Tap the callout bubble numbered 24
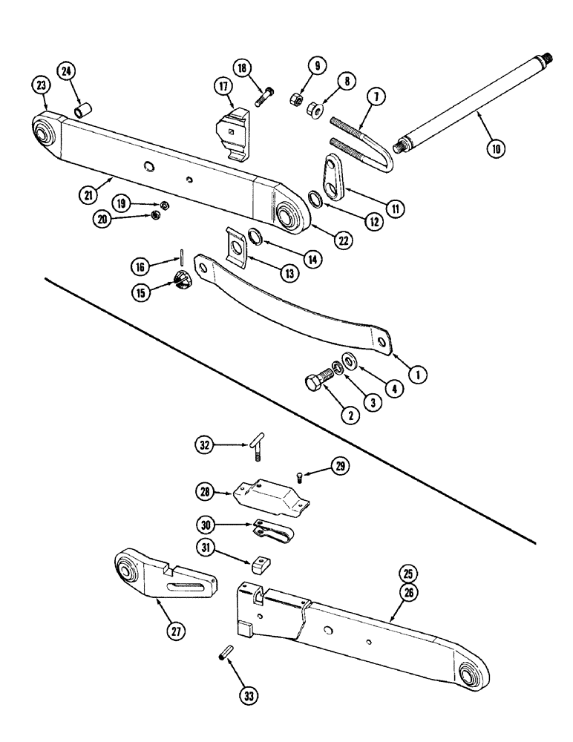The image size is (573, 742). [68, 72]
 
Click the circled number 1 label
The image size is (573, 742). [419, 376]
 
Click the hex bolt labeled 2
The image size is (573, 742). [317, 384]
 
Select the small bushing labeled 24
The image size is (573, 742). [82, 111]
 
